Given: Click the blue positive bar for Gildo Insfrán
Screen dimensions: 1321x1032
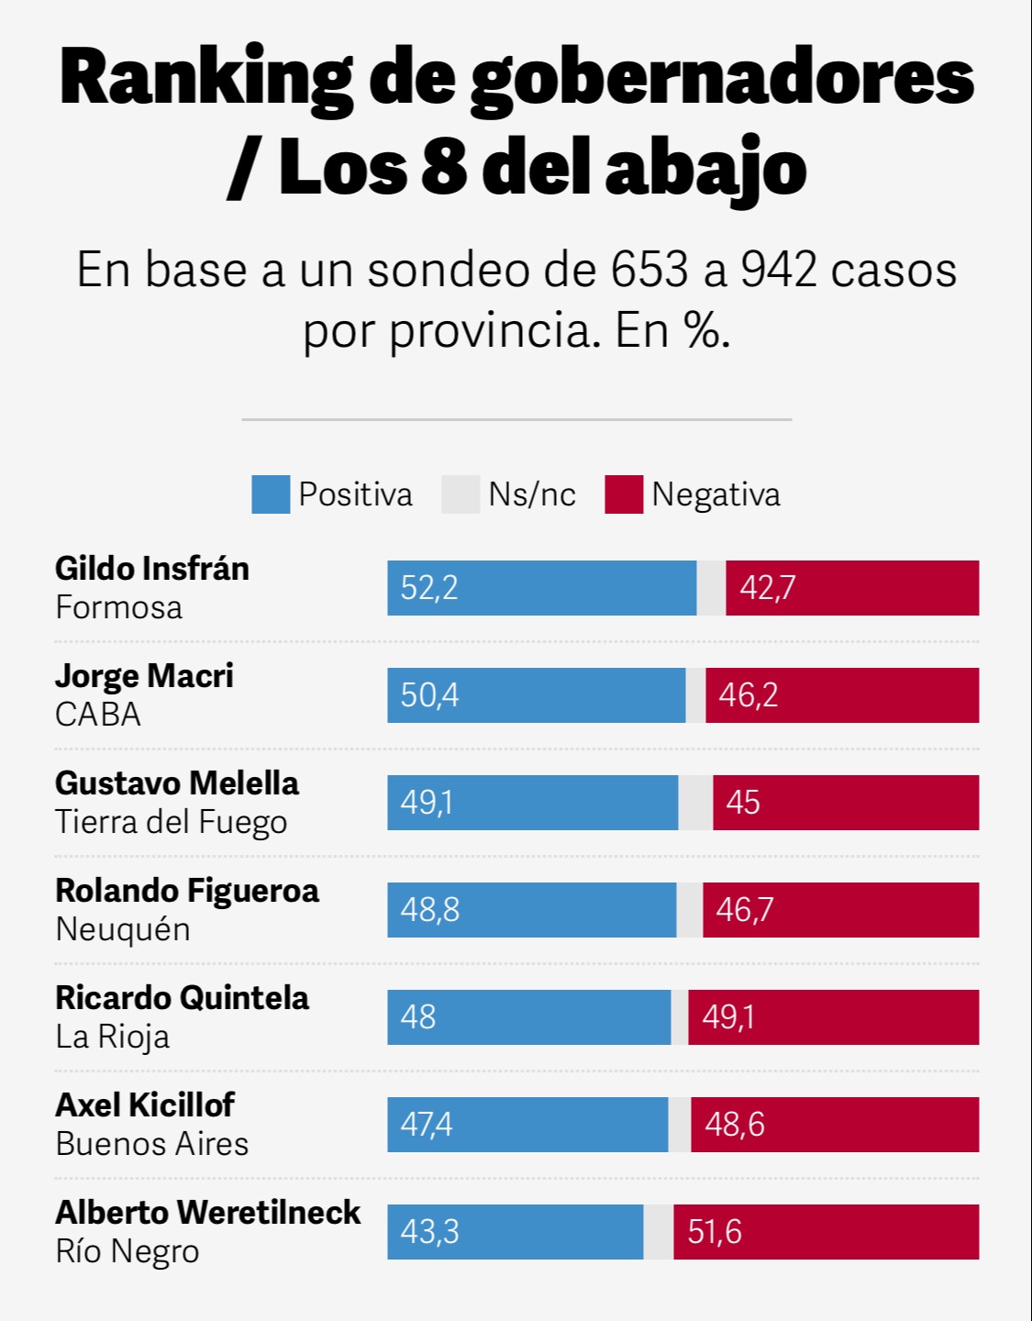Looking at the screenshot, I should coord(541,588).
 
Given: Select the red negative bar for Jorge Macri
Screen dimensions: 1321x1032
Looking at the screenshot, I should coord(842,695).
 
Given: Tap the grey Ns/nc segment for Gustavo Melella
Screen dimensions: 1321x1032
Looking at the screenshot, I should coord(695,803).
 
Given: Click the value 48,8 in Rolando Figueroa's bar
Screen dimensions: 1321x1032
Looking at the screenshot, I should coord(429,910).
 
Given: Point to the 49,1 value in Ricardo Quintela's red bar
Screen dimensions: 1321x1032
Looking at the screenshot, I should coord(727,1017).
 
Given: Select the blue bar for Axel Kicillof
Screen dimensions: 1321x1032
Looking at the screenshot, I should coord(527,1125).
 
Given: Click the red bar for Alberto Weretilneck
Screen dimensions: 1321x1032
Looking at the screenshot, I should coord(826,1232).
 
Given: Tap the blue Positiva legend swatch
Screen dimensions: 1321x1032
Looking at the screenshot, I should coord(271,494).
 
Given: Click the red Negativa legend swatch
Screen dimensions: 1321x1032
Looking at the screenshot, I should coord(624,494).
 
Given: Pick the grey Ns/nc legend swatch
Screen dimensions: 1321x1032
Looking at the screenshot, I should coord(461,494).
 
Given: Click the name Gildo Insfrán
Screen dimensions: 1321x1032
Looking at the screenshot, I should coord(152,569).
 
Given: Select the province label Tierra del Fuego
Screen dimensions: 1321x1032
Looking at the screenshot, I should coord(172,822).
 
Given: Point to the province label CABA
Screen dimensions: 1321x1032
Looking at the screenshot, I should coord(98,715).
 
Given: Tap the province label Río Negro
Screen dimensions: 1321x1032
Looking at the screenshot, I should coord(128,1251).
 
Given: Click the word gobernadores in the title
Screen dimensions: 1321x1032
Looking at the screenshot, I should coord(722,81).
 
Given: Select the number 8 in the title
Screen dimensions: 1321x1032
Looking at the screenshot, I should coord(444,168).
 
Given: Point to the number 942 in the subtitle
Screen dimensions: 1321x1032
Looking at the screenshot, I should coord(778,270).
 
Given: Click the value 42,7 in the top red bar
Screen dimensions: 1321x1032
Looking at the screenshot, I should coord(767,588).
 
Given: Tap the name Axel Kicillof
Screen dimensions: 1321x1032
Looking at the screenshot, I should coord(145,1105).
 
